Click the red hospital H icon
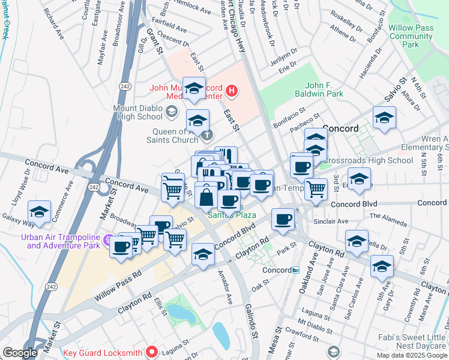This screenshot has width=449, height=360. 232,92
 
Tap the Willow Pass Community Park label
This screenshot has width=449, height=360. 411,37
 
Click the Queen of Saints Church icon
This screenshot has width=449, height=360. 206,136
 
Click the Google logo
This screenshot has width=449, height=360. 20,353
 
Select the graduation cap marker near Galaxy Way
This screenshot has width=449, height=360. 39,212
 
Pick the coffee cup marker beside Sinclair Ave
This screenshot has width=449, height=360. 282,218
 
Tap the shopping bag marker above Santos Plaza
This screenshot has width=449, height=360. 206,196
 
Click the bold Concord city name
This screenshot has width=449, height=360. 340,128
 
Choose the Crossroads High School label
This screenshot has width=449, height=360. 367,160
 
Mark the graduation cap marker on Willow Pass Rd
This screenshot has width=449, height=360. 203,254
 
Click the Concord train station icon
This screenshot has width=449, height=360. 295,270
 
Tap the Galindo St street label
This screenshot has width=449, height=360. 250,320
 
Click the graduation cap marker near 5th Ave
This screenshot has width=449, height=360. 382,266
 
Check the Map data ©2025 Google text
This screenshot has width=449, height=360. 412,355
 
